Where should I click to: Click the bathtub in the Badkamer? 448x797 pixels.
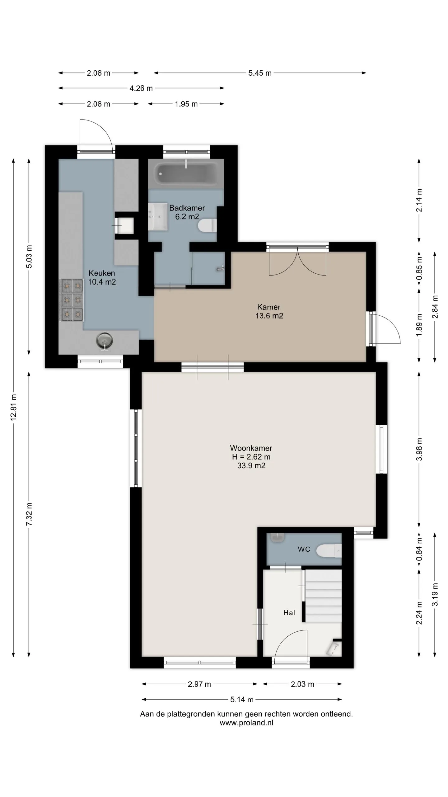tap(186, 173)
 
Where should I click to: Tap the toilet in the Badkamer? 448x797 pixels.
tap(207, 225)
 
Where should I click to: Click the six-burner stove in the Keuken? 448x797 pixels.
tap(71, 300)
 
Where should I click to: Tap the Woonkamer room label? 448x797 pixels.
tap(251, 448)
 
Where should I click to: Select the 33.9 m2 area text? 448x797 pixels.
tap(251, 466)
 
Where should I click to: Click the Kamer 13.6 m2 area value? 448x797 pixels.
tap(269, 316)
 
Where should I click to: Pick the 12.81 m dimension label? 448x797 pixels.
tap(13, 408)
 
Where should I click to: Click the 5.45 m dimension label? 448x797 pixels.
tap(260, 73)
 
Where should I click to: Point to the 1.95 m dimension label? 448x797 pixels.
tap(186, 104)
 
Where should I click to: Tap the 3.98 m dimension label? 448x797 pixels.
tap(419, 449)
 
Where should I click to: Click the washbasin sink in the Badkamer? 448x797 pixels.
tap(158, 217)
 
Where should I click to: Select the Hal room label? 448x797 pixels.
tap(289, 613)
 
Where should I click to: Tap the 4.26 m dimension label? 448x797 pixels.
tap(141, 88)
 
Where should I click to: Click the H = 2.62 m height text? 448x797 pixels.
tap(251, 457)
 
